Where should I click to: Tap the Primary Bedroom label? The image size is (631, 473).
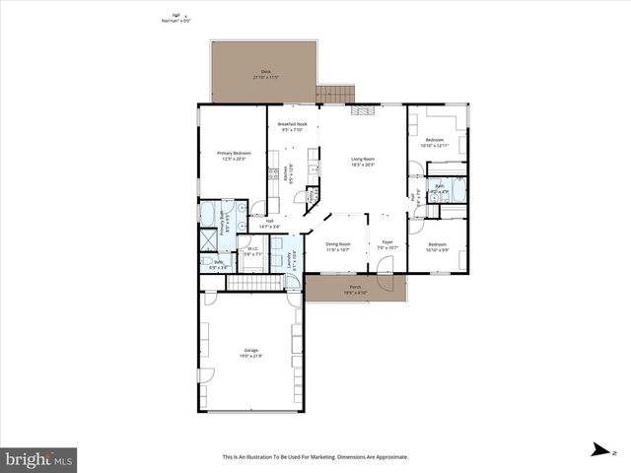(234, 155)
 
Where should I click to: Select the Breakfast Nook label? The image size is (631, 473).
(292, 125)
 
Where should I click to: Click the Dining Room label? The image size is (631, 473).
(338, 246)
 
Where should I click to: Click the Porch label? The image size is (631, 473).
(355, 290)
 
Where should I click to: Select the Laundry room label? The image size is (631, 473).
(289, 258)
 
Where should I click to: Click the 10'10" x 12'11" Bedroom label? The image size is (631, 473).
(436, 143)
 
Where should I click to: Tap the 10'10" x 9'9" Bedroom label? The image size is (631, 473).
(437, 246)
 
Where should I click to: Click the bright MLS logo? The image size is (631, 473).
(39, 459)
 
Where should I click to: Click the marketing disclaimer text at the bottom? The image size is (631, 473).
(315, 457)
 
